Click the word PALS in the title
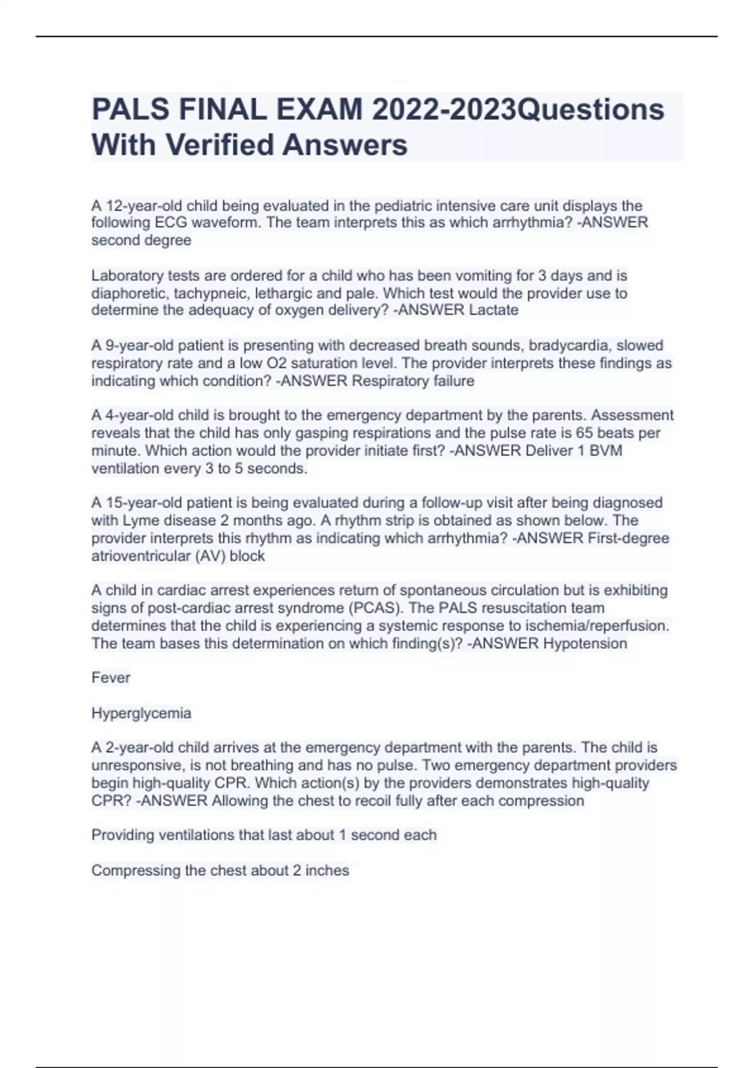(x=131, y=109)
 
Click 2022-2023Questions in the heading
(x=518, y=109)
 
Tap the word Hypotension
(x=585, y=643)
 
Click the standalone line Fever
(x=111, y=678)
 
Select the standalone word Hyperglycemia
(x=141, y=713)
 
